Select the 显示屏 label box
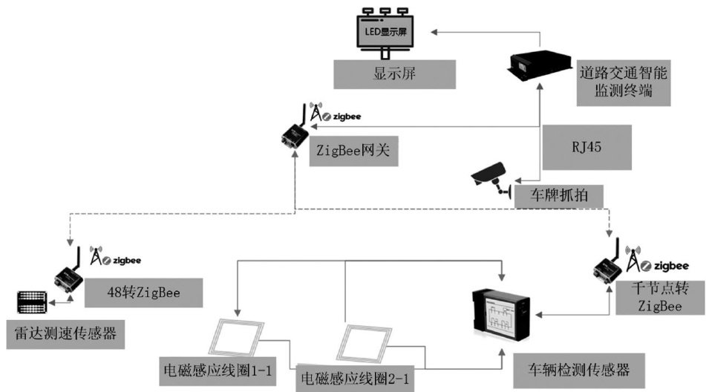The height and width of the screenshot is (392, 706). click(x=393, y=75)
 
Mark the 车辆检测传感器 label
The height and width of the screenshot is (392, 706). click(x=576, y=366)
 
